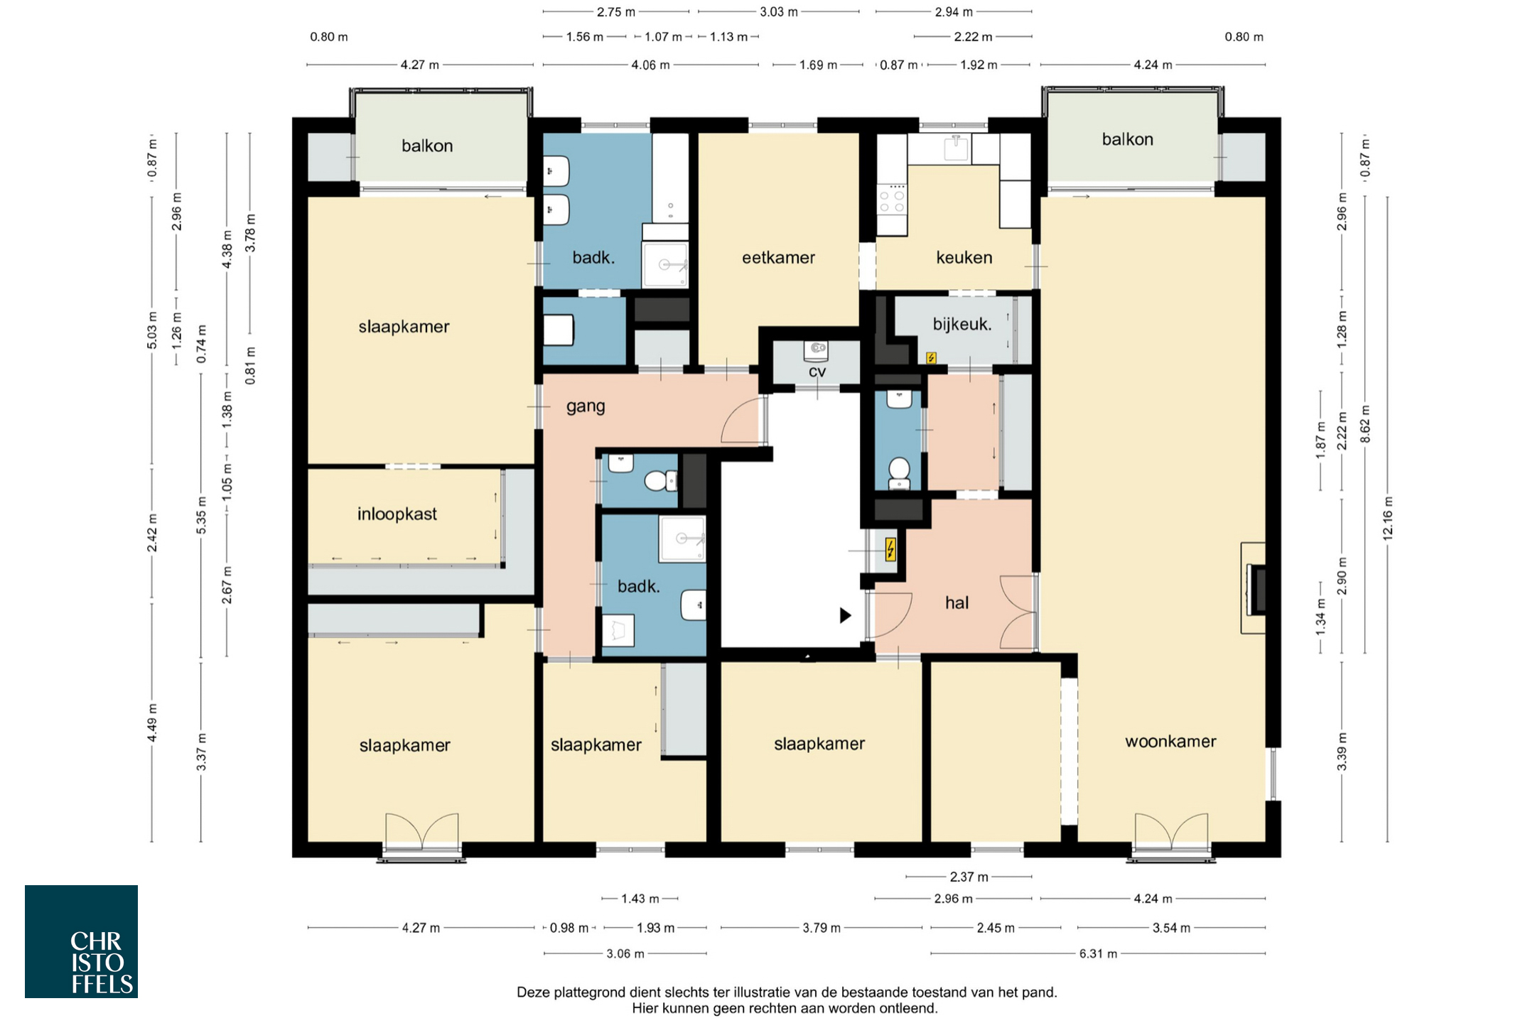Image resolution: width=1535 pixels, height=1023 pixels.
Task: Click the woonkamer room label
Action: point(1170,742)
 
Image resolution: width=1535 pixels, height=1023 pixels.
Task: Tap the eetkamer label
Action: point(778,258)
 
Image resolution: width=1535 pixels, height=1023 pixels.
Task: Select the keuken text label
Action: point(964,257)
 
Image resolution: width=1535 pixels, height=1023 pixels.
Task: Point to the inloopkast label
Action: point(397,514)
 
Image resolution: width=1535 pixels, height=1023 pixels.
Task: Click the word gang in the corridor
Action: point(586,407)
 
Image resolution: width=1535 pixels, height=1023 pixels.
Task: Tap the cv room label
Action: point(817,372)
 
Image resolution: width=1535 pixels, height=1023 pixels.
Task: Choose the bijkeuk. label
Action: point(962,325)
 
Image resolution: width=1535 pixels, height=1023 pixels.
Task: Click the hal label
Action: point(957,602)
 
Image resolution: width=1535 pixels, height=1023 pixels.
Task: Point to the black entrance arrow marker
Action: point(845,615)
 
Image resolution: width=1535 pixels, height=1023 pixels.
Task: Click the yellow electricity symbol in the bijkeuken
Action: point(931,358)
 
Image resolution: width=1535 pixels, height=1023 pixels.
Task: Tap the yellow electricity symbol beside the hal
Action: point(890,550)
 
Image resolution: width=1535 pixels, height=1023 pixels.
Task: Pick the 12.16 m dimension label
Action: point(1388,519)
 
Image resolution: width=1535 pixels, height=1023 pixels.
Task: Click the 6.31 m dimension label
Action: point(1098,954)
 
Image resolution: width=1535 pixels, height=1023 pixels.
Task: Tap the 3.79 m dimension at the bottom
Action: point(821,928)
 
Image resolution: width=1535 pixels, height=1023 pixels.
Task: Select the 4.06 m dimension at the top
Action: point(650,65)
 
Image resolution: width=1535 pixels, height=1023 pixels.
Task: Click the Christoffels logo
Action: point(81,941)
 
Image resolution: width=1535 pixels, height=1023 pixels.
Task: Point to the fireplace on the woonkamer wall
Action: point(1255,588)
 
